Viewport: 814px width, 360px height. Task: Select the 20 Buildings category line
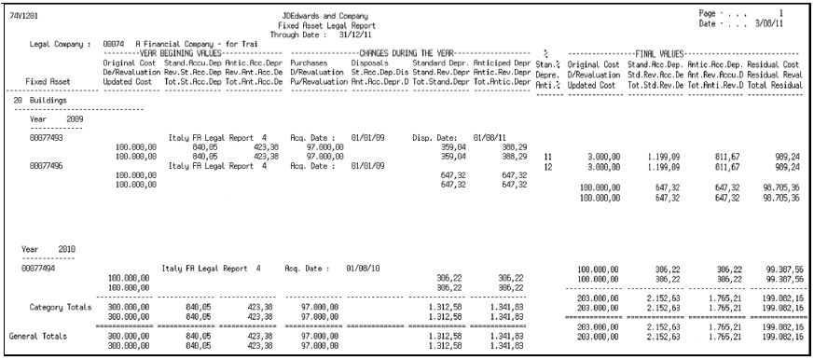pos(38,97)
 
